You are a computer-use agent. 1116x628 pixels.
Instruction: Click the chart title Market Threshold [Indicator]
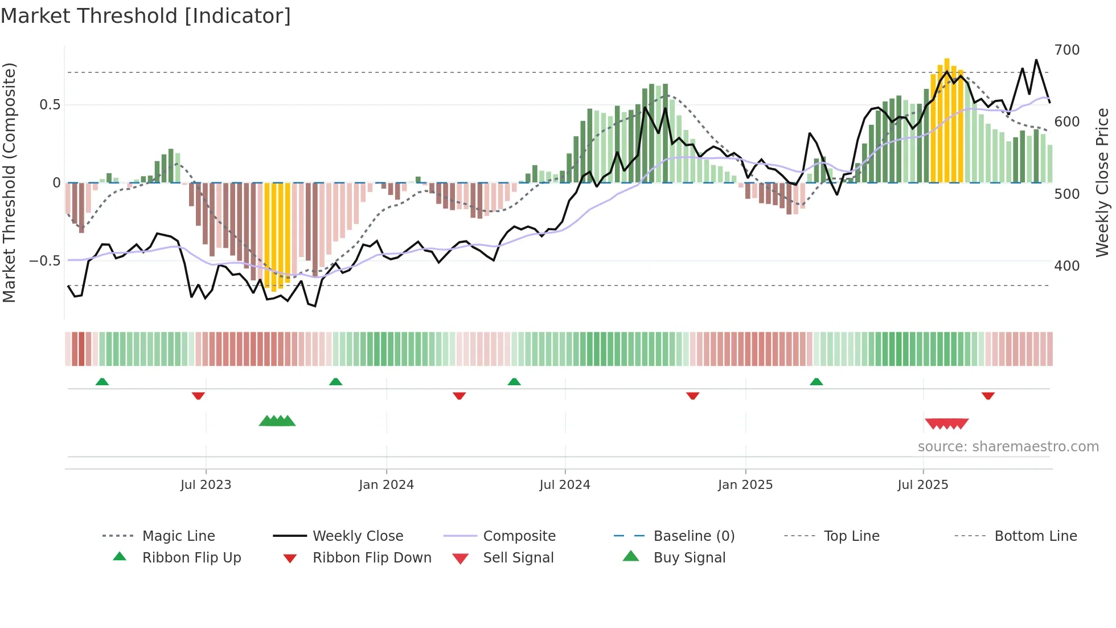(146, 16)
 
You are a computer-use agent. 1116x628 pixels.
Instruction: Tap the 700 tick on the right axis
(1066, 50)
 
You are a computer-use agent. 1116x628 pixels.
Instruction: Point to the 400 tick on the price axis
(1066, 266)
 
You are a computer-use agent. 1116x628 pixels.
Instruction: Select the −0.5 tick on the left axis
(44, 261)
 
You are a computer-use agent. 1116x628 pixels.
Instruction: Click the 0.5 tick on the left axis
(50, 105)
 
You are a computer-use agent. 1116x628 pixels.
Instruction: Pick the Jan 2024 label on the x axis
(386, 485)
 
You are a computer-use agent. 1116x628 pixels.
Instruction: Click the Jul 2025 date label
(922, 485)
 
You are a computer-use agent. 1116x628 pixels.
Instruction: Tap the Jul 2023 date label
(206, 485)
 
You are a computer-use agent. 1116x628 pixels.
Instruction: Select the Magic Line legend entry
(178, 536)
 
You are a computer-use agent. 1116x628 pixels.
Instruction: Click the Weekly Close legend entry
(358, 536)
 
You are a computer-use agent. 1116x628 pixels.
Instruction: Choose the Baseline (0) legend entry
(694, 536)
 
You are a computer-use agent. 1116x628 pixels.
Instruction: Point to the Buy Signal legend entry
(689, 558)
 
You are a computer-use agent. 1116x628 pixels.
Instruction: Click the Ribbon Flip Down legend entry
(372, 558)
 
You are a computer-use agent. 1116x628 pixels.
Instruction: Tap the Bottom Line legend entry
(1035, 536)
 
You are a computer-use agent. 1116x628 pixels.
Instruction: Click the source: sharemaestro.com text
(1008, 447)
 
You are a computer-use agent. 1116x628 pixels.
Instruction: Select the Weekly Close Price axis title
(1102, 182)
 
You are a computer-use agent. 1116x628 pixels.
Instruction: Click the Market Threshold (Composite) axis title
(9, 182)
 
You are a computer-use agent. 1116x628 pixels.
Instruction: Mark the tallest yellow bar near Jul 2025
(947, 120)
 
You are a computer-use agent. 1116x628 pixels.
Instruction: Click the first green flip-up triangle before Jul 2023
(102, 381)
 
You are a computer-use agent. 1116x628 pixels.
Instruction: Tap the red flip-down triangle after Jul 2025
(988, 395)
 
